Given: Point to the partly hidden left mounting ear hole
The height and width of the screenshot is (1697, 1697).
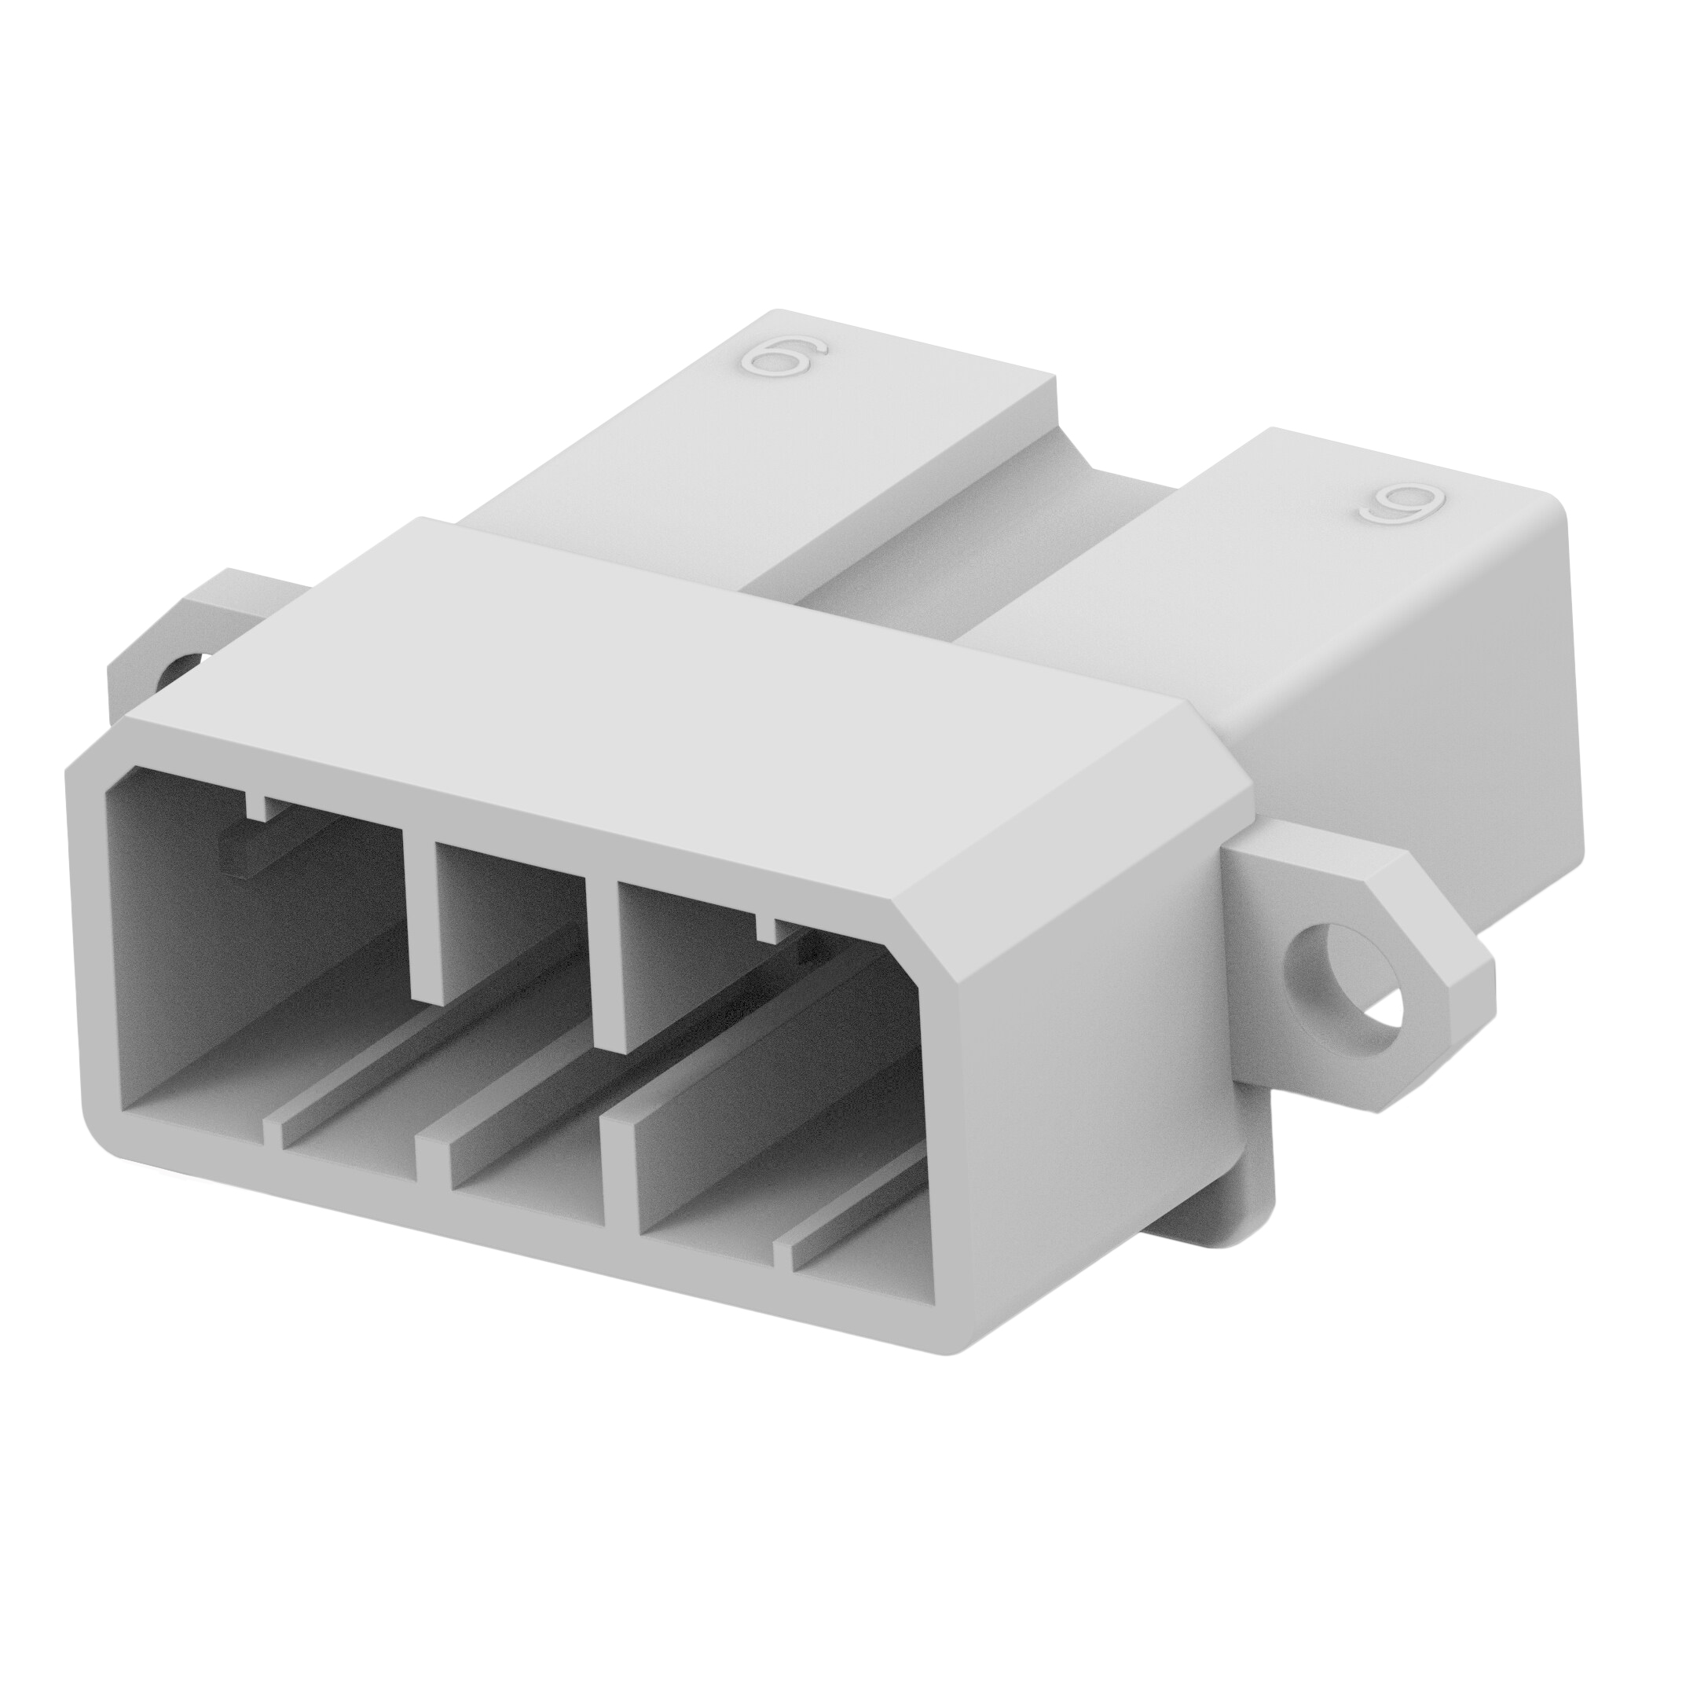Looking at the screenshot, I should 187,672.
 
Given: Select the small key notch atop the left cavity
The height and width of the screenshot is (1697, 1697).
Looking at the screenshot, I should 258,805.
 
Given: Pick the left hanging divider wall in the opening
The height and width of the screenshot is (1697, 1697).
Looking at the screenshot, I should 423,914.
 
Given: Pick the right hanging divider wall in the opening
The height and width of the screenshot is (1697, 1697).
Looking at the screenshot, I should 613,966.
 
